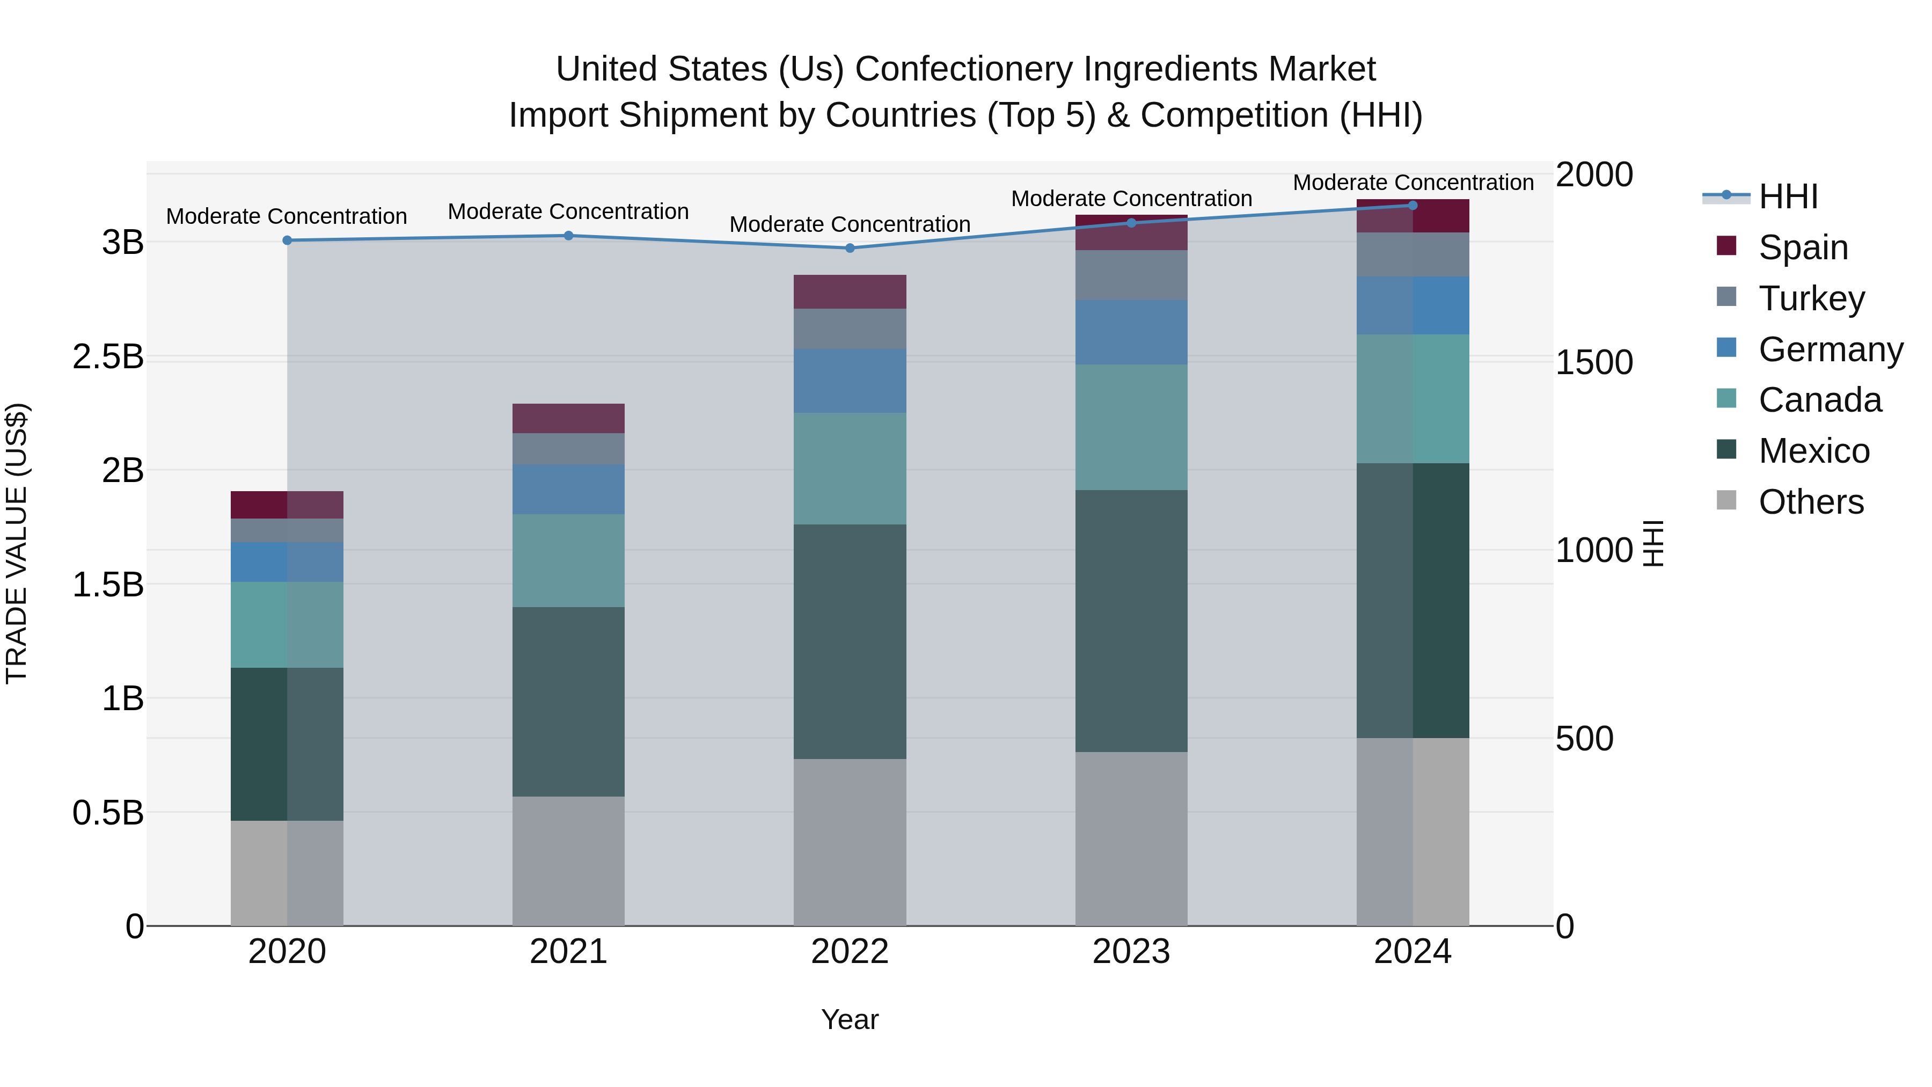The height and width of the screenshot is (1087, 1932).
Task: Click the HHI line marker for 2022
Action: pyautogui.click(x=850, y=249)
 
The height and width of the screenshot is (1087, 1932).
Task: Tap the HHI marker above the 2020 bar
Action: pyautogui.click(x=287, y=240)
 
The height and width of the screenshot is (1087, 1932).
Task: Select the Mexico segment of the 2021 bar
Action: pyautogui.click(x=568, y=702)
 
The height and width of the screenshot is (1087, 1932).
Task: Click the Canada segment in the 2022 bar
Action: pyautogui.click(x=850, y=468)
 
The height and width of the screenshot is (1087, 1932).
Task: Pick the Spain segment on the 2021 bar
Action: pyautogui.click(x=568, y=419)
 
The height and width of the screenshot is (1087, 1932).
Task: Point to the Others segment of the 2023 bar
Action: pyautogui.click(x=1131, y=838)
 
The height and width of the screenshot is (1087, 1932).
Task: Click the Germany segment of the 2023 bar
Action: pyautogui.click(x=1131, y=332)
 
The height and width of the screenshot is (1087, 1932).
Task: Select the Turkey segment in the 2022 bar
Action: pyautogui.click(x=850, y=329)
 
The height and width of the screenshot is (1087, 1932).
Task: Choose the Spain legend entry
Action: pyautogui.click(x=1803, y=247)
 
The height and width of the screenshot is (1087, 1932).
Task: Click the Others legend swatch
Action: pyautogui.click(x=1726, y=500)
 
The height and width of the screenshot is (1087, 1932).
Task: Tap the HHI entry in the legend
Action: pyautogui.click(x=1788, y=196)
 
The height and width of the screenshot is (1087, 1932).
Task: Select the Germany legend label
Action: pyautogui.click(x=1831, y=349)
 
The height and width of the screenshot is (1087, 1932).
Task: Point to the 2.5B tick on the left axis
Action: pyautogui.click(x=108, y=357)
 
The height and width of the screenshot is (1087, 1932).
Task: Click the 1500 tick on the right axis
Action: pyautogui.click(x=1594, y=362)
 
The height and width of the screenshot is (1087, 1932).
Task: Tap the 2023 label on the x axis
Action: pyautogui.click(x=1131, y=952)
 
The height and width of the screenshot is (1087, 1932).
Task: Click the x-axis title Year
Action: pyautogui.click(x=850, y=1019)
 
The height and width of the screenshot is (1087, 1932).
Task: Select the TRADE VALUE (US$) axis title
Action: pyautogui.click(x=17, y=543)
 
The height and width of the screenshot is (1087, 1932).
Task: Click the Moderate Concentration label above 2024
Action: pyautogui.click(x=1413, y=183)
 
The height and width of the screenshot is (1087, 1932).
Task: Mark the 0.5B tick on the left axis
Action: pyautogui.click(x=108, y=813)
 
